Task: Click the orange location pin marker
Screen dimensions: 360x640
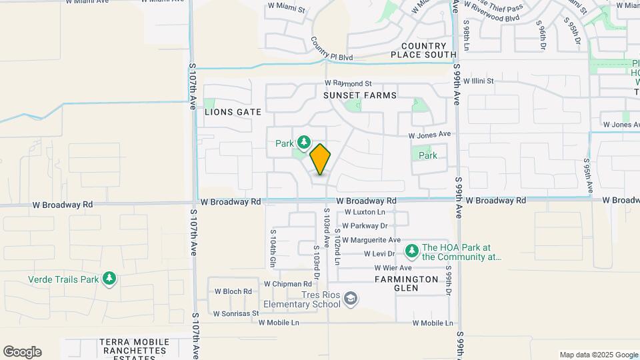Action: click(321, 159)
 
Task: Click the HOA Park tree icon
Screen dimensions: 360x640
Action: click(412, 251)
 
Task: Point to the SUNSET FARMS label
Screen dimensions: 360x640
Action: click(360, 95)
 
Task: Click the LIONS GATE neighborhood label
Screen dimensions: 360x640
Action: click(233, 112)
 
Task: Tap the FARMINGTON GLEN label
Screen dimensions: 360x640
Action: click(406, 283)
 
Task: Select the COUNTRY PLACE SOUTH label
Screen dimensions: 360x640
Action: click(423, 50)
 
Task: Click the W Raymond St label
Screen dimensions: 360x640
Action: click(348, 83)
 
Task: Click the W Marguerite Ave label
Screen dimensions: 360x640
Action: click(371, 240)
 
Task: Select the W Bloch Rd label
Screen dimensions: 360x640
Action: click(233, 291)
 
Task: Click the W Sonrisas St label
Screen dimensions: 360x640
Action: click(235, 313)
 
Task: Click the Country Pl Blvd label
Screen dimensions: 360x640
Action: click(331, 50)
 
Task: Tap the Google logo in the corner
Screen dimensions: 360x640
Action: click(22, 352)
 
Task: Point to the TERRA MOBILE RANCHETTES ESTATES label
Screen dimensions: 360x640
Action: click(134, 347)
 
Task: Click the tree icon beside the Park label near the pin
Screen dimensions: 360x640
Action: click(304, 142)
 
